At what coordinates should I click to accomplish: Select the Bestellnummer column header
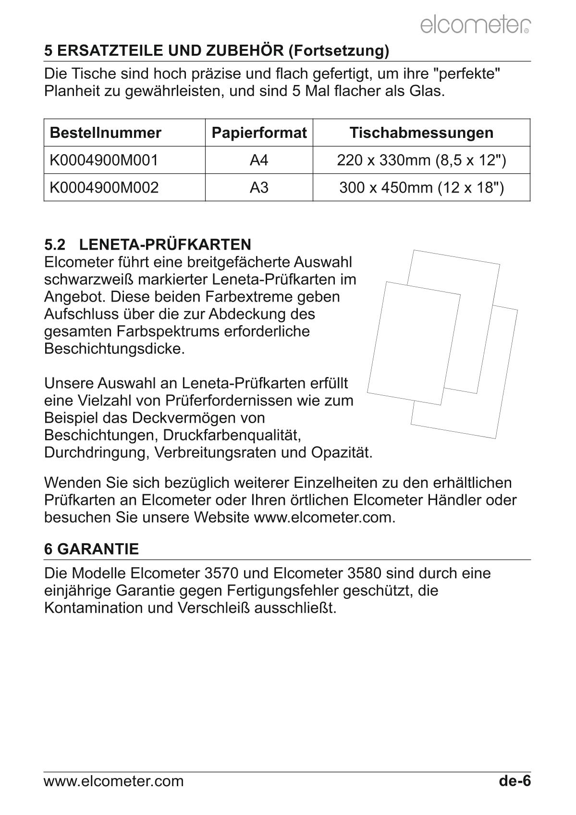point(105,133)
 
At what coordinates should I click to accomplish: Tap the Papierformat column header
point(259,133)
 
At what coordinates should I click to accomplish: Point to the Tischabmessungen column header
point(421,133)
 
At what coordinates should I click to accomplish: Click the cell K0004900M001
point(104,160)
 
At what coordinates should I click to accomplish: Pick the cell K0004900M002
point(104,187)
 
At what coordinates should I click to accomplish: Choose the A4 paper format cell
point(259,160)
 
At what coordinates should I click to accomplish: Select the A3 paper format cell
point(259,187)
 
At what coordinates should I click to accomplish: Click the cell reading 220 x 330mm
point(421,160)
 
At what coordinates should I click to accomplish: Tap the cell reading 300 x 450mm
point(421,187)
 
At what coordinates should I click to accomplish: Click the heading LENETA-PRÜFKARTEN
point(165,244)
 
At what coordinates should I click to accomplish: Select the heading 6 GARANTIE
point(91,549)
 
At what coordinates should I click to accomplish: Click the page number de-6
point(515,781)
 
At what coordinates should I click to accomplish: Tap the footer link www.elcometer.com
point(113,781)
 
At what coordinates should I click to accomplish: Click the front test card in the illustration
point(413,343)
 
